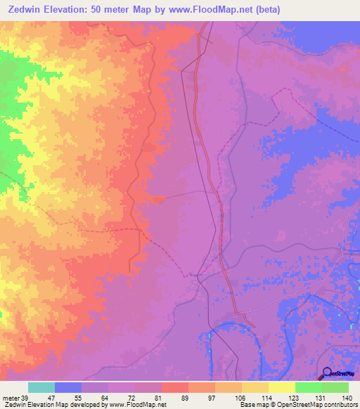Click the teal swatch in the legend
41,387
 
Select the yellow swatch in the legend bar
281,387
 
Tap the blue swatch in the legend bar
68,387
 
